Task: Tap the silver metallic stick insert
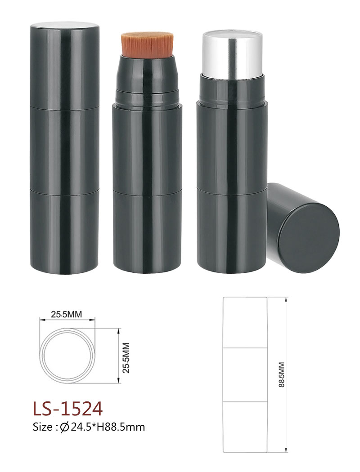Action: point(231,53)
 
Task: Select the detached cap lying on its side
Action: point(302,228)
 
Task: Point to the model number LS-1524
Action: point(68,409)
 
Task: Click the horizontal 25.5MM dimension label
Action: point(66,315)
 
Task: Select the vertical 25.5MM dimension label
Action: point(126,358)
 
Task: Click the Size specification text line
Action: point(89,427)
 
